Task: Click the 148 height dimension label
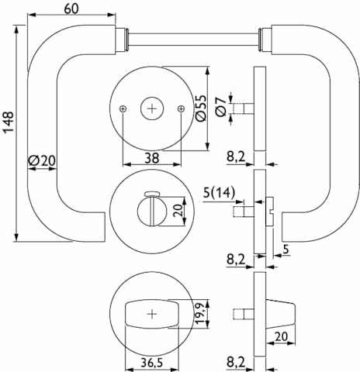coord(9,122)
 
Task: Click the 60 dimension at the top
coord(71,9)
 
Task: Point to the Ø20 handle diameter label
coord(42,160)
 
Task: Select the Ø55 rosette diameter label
coord(202,108)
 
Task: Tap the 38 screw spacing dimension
coord(152,157)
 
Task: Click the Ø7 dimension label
coord(221,107)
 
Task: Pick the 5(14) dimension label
coord(220,192)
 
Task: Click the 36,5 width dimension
coord(152,363)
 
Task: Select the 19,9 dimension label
coord(202,312)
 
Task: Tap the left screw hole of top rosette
coord(123,109)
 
